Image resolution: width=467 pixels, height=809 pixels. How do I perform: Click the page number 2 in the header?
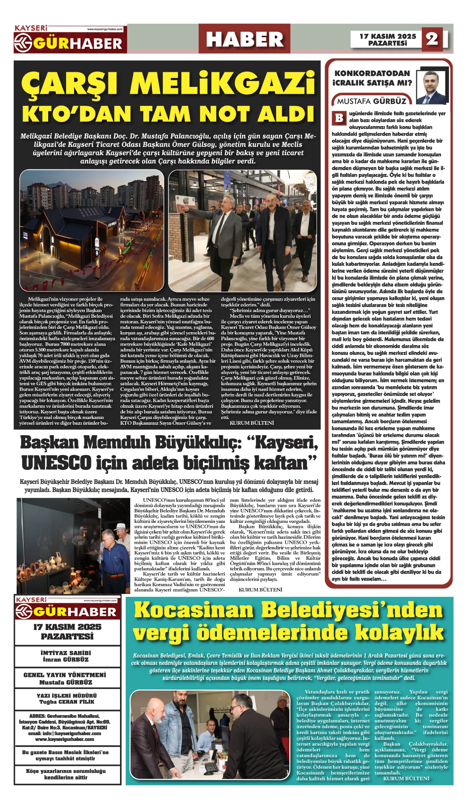(x=432, y=39)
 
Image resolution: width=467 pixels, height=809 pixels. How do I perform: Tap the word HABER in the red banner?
(x=244, y=39)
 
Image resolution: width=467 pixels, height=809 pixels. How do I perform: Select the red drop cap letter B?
(x=339, y=118)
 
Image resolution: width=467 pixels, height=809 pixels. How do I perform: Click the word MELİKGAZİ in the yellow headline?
(x=223, y=84)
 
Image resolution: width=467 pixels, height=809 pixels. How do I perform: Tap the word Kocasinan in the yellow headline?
(x=194, y=610)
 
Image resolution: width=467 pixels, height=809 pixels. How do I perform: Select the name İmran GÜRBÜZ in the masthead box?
(x=66, y=660)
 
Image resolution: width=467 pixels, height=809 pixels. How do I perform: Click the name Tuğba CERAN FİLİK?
(x=67, y=702)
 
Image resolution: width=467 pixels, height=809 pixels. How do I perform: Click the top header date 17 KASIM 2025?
(x=388, y=36)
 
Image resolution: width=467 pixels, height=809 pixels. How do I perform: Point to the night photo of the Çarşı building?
(x=92, y=230)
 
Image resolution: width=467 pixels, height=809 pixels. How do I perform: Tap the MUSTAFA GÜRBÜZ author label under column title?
(x=372, y=101)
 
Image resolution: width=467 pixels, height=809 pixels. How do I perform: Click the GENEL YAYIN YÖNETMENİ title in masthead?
(x=65, y=675)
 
